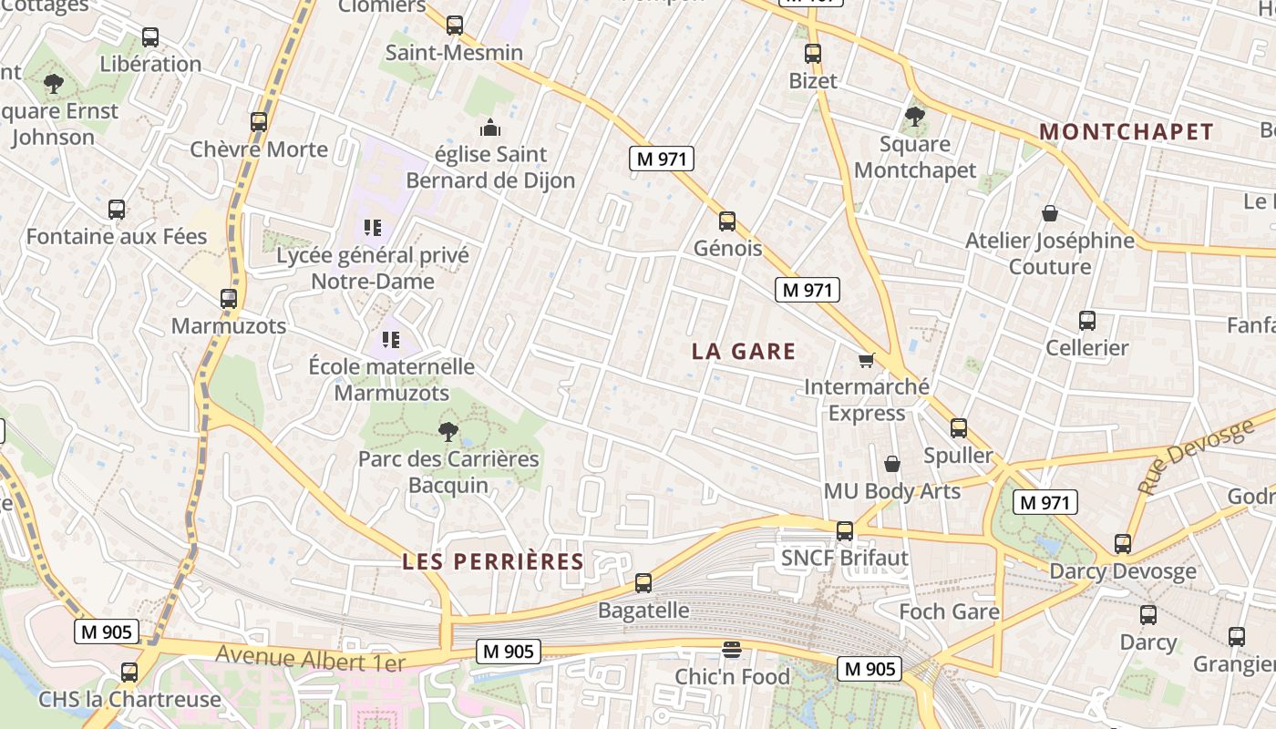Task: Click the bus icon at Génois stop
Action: pos(727,221)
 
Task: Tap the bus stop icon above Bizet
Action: pos(813,54)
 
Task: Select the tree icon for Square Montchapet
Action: pos(915,117)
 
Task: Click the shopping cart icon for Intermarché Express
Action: pos(866,361)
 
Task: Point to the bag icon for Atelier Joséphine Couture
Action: pos(1050,214)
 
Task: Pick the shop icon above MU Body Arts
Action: pos(892,464)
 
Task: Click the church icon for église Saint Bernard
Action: pos(490,128)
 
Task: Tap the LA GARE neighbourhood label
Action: pos(744,352)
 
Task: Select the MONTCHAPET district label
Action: pos(1127,132)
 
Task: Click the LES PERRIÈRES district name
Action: pos(493,561)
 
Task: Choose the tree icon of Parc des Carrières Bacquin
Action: pos(448,432)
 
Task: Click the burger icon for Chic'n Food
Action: pos(731,650)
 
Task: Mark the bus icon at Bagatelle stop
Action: pos(643,583)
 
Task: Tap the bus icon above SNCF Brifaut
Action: pos(845,530)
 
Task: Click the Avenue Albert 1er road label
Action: pos(310,658)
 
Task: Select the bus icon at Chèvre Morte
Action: pos(259,122)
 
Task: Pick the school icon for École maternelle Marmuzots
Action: pos(391,341)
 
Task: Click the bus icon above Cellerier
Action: pos(1087,321)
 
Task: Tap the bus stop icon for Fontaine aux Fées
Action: pos(117,210)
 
